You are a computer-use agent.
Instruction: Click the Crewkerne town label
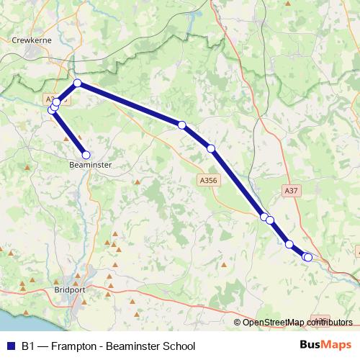(x=30, y=41)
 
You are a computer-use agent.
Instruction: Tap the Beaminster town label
(x=90, y=165)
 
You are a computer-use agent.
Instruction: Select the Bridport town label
(x=70, y=290)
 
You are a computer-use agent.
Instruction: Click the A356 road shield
(x=207, y=181)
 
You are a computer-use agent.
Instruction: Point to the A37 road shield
(x=291, y=191)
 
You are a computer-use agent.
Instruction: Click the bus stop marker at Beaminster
(x=86, y=155)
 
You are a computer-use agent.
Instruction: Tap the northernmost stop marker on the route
(x=77, y=84)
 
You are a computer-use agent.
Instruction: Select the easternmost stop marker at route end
(x=308, y=257)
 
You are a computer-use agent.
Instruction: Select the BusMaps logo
(x=325, y=346)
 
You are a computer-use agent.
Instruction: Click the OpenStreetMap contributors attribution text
(x=297, y=322)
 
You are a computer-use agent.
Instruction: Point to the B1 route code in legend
(x=28, y=346)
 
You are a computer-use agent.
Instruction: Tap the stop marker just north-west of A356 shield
(x=211, y=149)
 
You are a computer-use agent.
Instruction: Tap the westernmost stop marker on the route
(x=52, y=109)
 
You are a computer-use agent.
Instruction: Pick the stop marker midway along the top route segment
(x=181, y=125)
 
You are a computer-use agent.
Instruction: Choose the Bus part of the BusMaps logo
(x=311, y=346)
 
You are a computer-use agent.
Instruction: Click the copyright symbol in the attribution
(x=238, y=322)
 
